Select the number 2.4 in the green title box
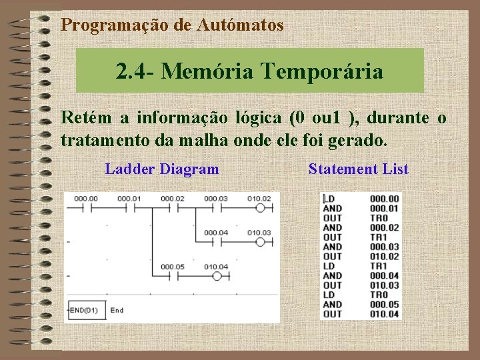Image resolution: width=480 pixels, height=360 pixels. click(x=131, y=70)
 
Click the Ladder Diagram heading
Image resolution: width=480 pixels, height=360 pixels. click(x=162, y=169)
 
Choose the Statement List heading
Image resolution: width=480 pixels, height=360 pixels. click(x=359, y=169)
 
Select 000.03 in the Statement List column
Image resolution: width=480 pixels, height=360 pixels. click(x=384, y=247)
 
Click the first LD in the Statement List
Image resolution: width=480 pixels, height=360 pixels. click(x=329, y=199)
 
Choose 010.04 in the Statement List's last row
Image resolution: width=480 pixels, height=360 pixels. click(x=384, y=314)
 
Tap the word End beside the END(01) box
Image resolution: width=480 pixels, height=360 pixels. click(x=117, y=310)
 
